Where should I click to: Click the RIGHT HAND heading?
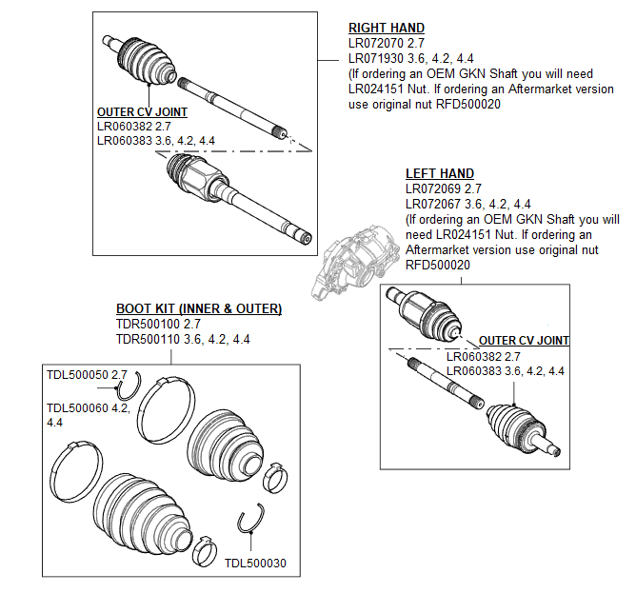coord(387,29)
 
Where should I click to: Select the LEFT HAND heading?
coord(439,174)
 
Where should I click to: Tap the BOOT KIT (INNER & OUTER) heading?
coord(199,309)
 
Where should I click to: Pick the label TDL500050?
coord(78,375)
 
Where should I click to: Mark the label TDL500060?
coord(78,407)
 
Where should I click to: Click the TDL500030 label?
coord(255,563)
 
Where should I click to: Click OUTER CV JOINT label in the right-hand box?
coord(142,112)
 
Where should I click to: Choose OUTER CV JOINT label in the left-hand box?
coord(524,341)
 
